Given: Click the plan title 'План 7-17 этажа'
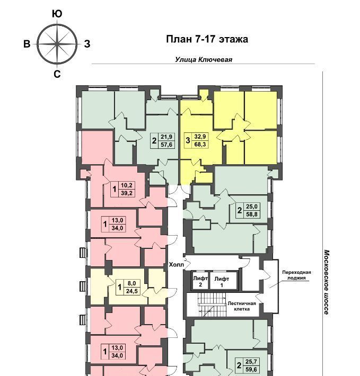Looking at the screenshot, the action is [207, 39].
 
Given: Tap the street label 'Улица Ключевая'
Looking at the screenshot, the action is [204, 59].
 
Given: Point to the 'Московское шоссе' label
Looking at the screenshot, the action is [327, 282].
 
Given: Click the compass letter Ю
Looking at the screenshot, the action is [57, 14].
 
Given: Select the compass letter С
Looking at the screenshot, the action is [57, 74].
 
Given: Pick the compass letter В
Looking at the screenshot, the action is [27, 44].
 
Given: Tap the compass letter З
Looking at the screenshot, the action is [87, 44].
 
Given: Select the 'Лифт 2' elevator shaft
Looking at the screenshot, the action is [200, 280].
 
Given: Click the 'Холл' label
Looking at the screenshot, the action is [177, 265].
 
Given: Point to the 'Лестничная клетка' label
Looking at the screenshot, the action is [241, 306].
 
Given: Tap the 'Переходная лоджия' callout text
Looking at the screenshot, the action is [296, 275].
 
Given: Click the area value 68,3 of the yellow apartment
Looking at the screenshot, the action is [200, 145].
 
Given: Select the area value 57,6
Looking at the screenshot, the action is [166, 145].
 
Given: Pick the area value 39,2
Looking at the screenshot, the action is [127, 193].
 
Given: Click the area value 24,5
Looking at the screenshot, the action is [131, 291].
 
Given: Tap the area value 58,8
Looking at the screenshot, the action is [252, 214].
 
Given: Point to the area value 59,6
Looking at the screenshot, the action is [251, 370].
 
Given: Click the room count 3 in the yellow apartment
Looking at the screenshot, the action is [188, 140].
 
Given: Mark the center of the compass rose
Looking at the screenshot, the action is [57, 44].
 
